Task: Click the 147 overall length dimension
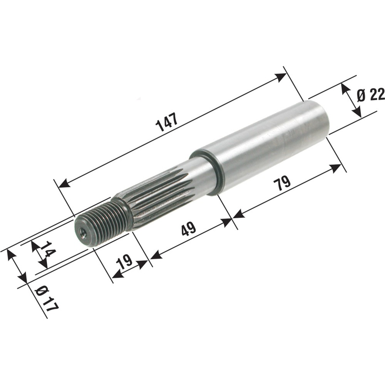(167, 122)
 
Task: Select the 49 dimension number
(189, 229)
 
